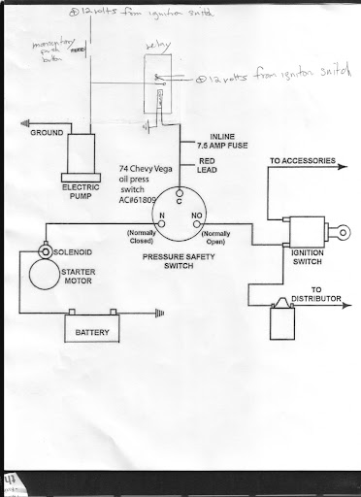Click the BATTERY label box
coord(89,334)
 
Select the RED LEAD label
coord(212,165)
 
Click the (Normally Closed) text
coord(145,239)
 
